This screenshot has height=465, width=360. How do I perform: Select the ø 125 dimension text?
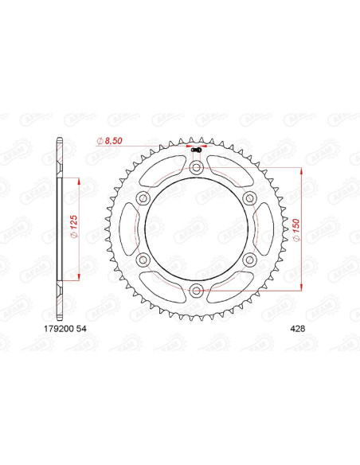tap(72, 230)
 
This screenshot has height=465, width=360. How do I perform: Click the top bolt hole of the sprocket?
tap(196, 168)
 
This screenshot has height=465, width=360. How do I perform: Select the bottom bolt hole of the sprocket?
tap(196, 291)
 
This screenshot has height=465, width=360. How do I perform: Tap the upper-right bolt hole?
tap(249, 198)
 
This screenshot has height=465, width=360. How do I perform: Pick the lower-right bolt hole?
tap(249, 260)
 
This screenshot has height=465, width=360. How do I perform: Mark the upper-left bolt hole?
tap(143, 198)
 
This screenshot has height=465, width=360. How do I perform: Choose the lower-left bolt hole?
tap(143, 260)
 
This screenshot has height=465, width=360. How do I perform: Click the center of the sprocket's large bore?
tap(196, 229)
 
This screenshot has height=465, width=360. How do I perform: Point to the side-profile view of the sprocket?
tap(58, 229)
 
